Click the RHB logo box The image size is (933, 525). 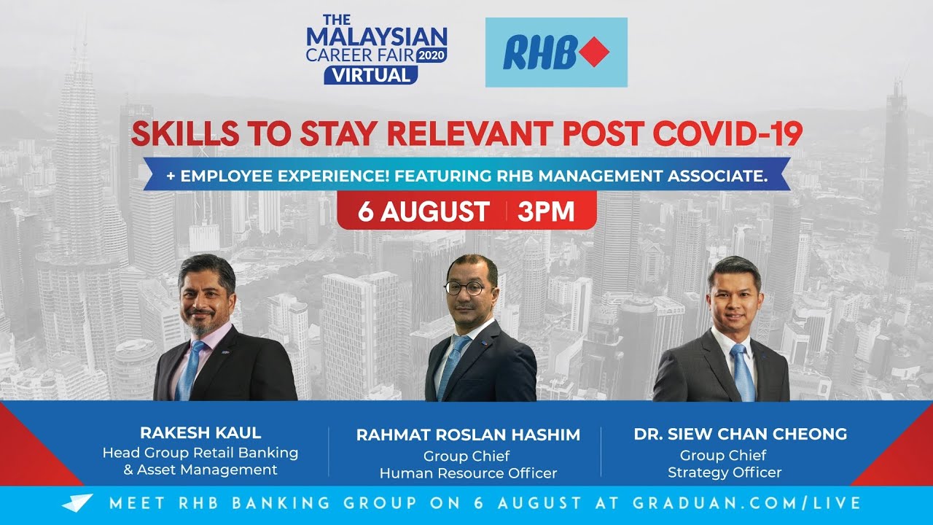[x=556, y=52]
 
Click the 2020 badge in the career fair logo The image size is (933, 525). [x=432, y=54]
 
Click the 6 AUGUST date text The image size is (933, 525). [x=423, y=211]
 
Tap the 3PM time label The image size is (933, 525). [x=546, y=211]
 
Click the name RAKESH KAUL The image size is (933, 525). [x=200, y=432]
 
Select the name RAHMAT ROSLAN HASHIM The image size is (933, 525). [x=468, y=435]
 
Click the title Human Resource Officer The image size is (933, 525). [x=468, y=473]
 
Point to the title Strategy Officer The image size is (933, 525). [x=724, y=472]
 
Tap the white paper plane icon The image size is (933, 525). [x=77, y=503]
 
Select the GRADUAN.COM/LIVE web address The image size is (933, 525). [x=748, y=503]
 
